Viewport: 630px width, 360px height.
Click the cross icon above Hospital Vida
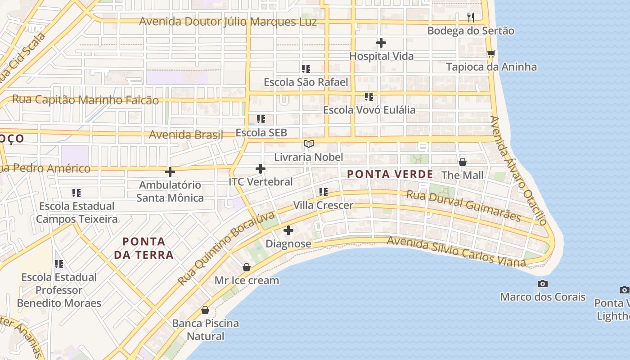coord(381,43)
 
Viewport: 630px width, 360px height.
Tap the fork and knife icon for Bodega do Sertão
coord(471,18)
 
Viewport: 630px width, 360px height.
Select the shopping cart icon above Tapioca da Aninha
coord(491,54)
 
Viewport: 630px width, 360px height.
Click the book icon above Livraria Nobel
coord(308,144)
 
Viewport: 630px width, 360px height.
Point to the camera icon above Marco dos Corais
coord(543,284)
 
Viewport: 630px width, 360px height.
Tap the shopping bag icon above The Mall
coord(462,162)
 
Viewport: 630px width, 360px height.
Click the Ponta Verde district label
coord(390,174)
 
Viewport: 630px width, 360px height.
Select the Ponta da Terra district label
coord(144,248)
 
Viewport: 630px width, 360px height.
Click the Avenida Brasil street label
coord(186,135)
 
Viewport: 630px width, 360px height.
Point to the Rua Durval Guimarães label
coord(463,206)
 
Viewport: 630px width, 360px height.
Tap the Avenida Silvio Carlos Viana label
coord(456,251)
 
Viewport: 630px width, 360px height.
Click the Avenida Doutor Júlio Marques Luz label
coord(228,22)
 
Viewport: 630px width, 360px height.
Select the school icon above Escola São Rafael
coord(306,69)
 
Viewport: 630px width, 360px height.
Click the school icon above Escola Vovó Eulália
coord(369,97)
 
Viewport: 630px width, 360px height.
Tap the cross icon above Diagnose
coord(288,230)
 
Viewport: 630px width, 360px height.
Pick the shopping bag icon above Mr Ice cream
coord(247,267)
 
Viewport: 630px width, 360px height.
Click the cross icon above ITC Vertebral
coord(261,169)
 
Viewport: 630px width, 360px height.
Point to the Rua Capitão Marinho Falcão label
coord(85,100)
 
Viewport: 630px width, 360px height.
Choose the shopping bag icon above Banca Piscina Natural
coord(205,310)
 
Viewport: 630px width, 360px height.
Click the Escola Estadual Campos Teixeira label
coord(77,212)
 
